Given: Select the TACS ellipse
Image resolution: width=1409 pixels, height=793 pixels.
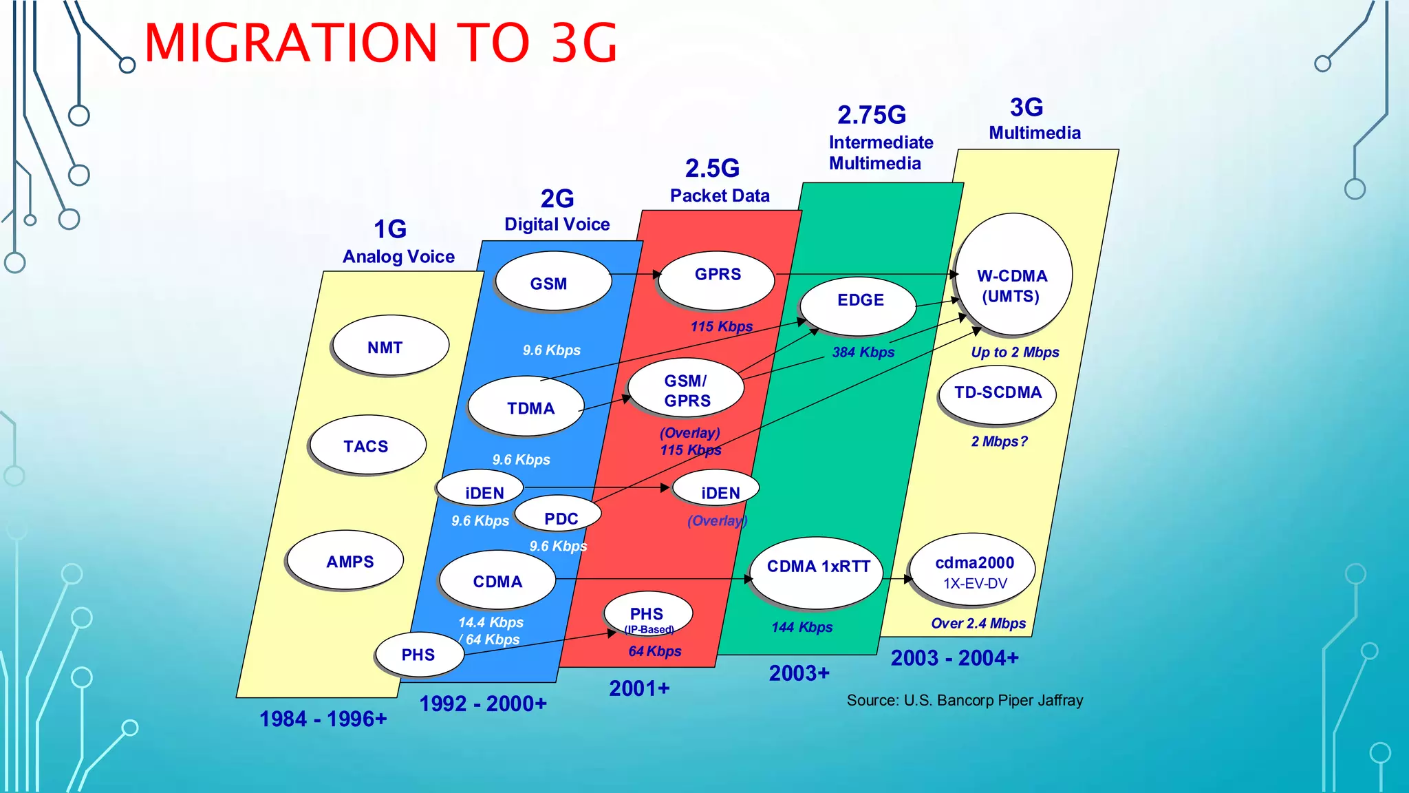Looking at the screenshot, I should coord(367,445).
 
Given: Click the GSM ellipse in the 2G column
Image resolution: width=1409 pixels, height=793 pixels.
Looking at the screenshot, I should coord(552,282).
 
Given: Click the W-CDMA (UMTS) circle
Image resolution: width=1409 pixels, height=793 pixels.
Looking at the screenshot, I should coord(1013,275).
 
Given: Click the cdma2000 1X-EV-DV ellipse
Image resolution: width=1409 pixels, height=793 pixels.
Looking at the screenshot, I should coord(973,570).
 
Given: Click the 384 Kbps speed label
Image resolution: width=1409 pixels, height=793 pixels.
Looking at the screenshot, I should coord(863,352).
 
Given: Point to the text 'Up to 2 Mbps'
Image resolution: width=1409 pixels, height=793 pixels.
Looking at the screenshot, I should coord(1015,352).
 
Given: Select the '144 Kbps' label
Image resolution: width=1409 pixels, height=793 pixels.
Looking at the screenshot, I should coord(802,627).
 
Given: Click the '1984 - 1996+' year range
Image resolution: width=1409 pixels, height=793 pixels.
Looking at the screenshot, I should coord(323,719).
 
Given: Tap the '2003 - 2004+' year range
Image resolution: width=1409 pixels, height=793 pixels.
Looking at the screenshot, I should coord(954,658).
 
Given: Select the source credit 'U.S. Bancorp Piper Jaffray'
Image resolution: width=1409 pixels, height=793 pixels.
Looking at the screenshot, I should coord(993,701).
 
